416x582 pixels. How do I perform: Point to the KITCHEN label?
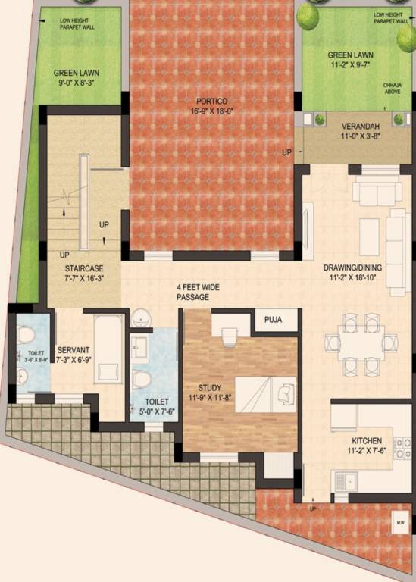366,440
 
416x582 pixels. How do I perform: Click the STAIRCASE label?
83,268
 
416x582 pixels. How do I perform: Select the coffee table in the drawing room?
368,230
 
